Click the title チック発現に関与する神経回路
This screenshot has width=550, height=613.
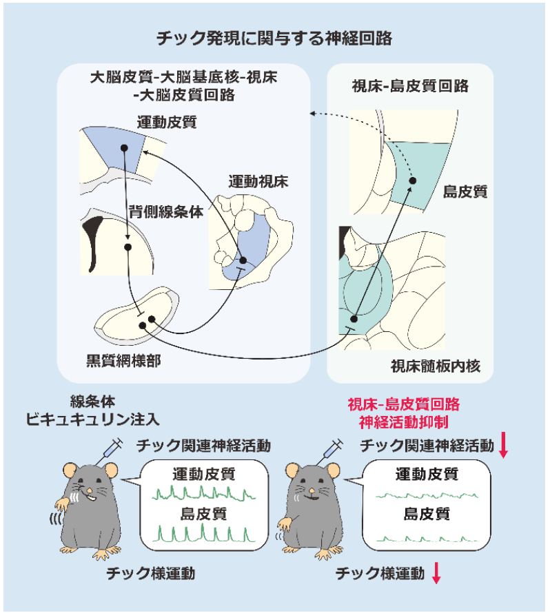(x=274, y=39)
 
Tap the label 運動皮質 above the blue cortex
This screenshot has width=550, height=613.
(x=166, y=123)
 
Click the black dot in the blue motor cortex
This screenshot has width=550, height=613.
(x=124, y=147)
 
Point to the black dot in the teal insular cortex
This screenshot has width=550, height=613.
(x=412, y=180)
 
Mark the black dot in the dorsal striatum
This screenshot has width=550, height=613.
(x=128, y=246)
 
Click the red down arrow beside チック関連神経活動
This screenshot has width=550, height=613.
(x=503, y=448)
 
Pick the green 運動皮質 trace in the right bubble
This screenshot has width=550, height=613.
(x=427, y=494)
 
